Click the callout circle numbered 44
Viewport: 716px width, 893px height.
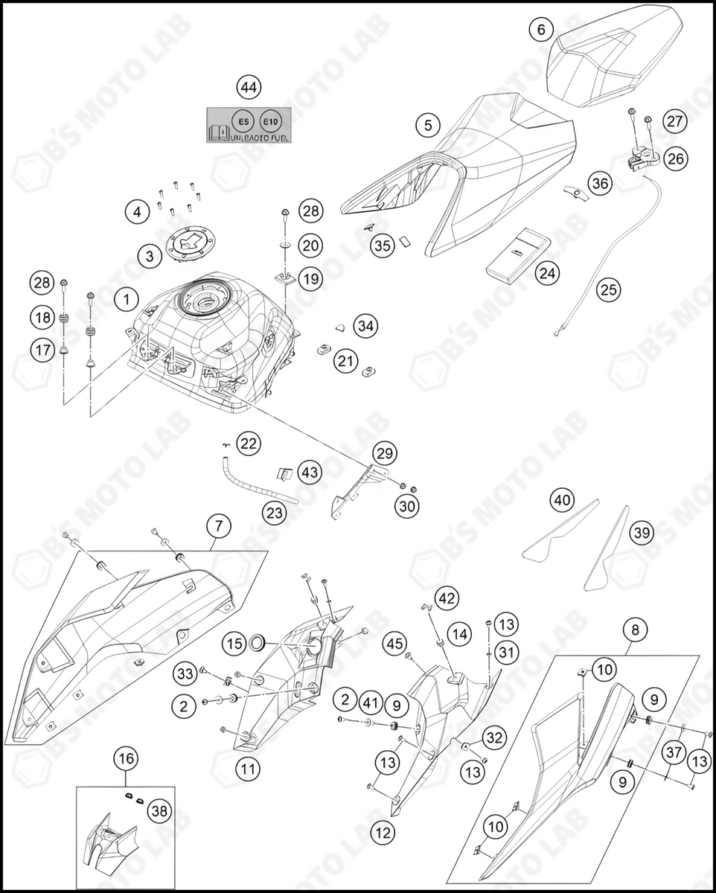coord(249,87)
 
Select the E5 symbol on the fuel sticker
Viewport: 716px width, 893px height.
coord(241,120)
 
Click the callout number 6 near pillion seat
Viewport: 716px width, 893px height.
coord(541,30)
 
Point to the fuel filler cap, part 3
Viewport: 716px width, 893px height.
coord(190,245)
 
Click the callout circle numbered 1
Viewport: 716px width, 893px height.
coord(127,300)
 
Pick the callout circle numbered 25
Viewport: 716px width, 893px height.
coord(609,289)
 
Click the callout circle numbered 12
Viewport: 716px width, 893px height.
coord(383,833)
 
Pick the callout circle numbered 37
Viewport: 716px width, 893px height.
coord(674,752)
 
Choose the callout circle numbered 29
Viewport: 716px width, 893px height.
coord(385,452)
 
